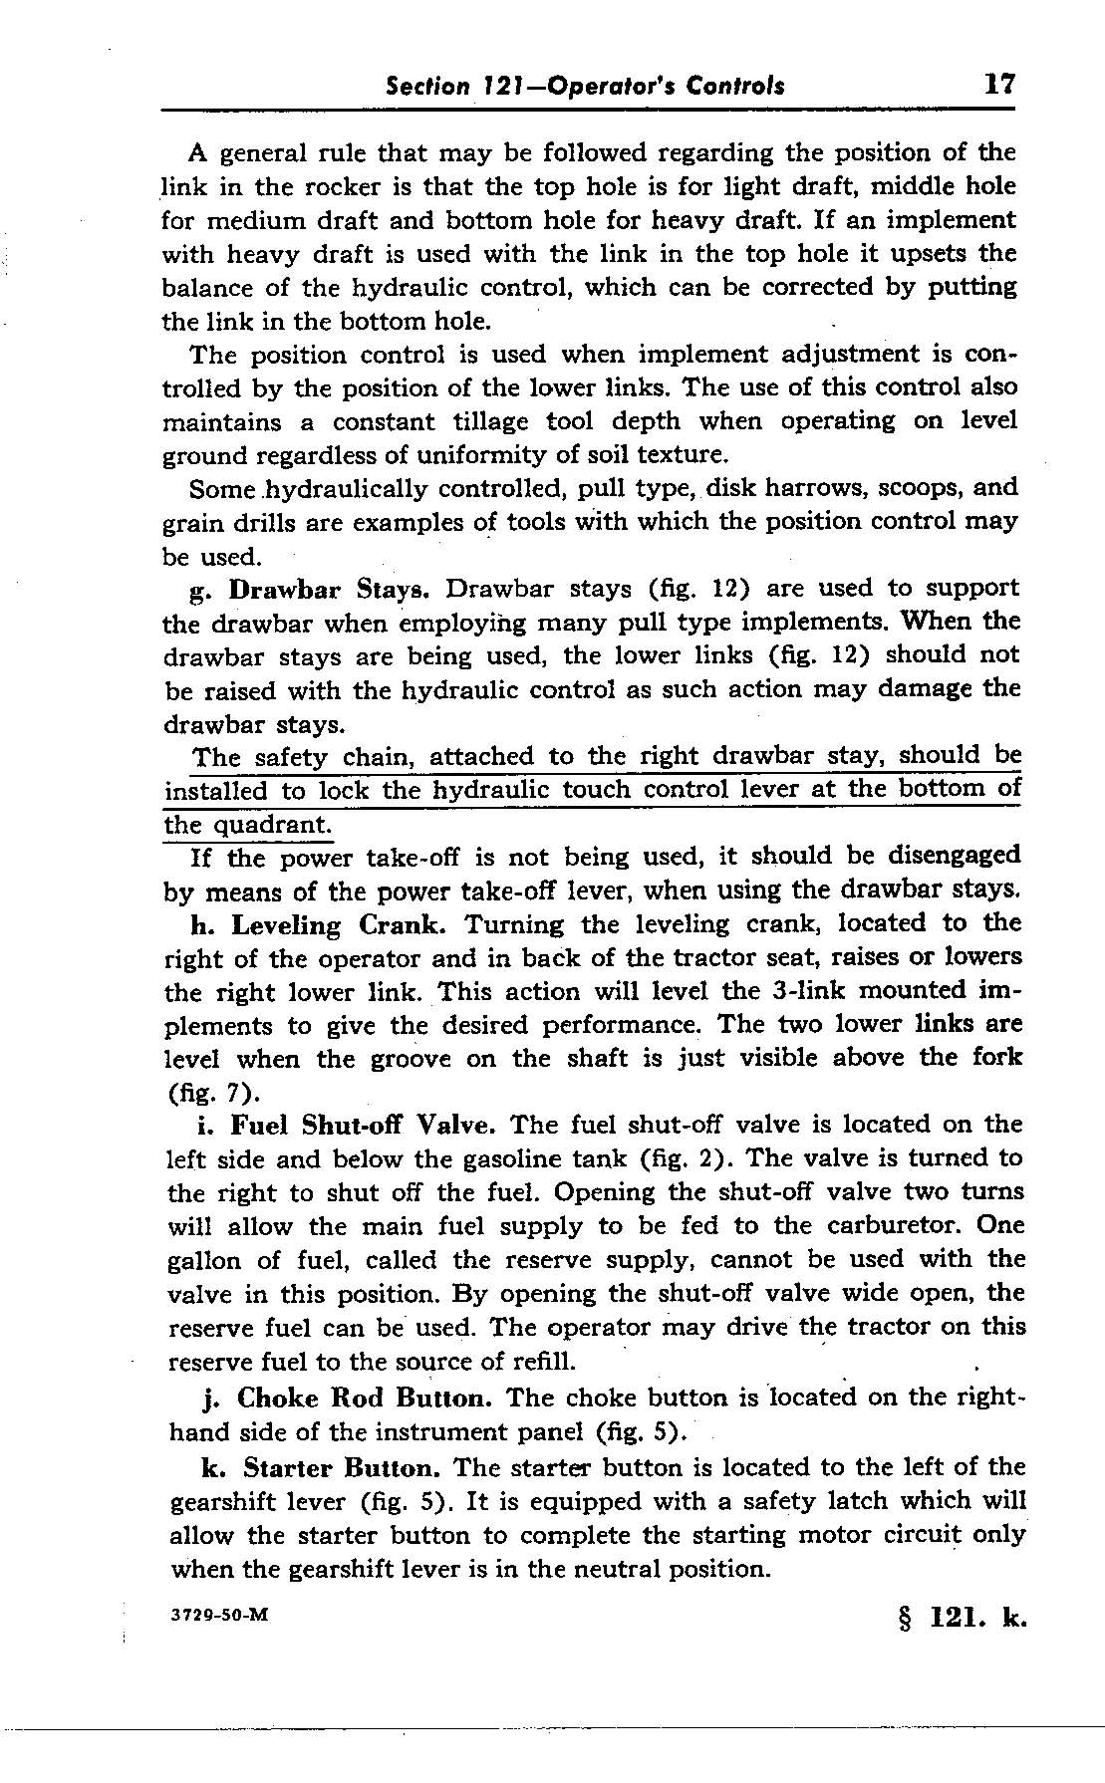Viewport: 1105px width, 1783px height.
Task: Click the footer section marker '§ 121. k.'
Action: (962, 1620)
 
